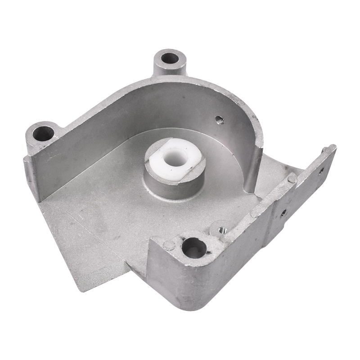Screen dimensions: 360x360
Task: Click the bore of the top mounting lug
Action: coord(170,58)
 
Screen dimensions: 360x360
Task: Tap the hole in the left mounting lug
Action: coord(44,133)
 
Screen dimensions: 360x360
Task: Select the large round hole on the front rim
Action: coord(195,247)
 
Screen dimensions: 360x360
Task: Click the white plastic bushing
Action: coord(174,158)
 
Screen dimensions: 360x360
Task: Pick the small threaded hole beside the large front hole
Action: coord(221,229)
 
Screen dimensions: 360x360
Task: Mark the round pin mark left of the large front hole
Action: coord(169,245)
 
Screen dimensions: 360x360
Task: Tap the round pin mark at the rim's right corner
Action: coord(292,179)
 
